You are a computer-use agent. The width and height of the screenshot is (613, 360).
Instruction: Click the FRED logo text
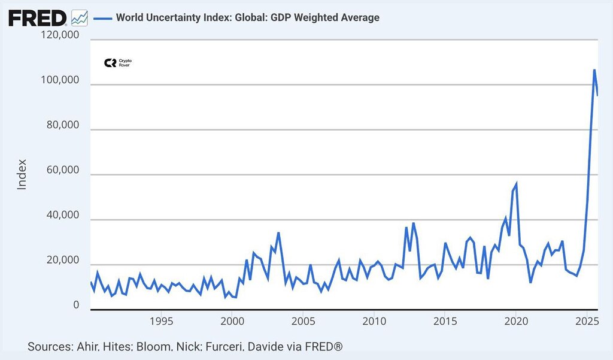point(38,18)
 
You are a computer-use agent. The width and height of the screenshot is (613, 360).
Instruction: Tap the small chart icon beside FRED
point(79,18)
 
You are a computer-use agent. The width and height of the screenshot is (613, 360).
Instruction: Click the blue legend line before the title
point(103,17)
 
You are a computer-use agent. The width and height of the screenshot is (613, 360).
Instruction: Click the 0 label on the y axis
point(76,305)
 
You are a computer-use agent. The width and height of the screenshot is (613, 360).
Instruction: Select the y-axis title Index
point(22,174)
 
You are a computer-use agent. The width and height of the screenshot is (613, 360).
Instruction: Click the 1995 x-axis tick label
point(160,321)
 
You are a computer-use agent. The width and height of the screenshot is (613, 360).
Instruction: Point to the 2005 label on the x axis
point(302,321)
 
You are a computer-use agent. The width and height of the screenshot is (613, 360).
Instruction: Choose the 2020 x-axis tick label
point(515,321)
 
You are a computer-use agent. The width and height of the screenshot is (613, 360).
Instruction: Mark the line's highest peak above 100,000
point(594,70)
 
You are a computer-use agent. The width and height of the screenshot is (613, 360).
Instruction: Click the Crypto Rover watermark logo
point(117,63)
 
